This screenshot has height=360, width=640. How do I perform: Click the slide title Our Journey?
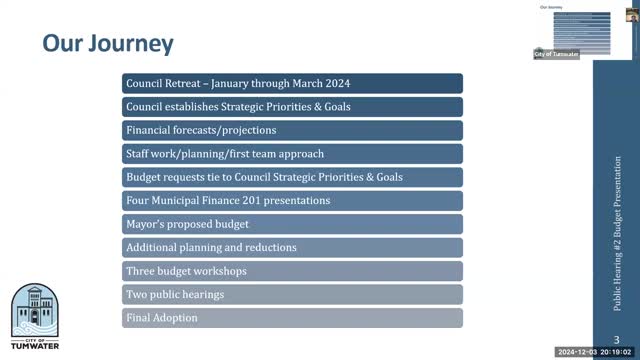pos(108,44)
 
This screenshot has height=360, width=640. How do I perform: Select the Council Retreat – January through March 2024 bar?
pos(292,83)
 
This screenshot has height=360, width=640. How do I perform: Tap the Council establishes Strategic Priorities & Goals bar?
pos(292,106)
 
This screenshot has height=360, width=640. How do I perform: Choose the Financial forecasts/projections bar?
pos(292,130)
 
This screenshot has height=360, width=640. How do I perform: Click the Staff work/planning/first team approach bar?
pos(292,154)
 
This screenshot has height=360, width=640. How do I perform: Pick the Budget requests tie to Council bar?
pos(292,177)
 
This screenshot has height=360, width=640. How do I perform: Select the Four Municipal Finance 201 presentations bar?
pos(292,200)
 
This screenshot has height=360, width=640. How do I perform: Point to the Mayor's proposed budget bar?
pos(292,224)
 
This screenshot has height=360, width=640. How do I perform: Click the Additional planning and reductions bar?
pos(292,247)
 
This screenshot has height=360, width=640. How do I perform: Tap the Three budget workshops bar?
pos(292,271)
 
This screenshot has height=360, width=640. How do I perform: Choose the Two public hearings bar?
pos(292,294)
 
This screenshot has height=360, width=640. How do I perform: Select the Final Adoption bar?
pos(292,318)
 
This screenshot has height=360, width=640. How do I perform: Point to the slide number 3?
pos(616,338)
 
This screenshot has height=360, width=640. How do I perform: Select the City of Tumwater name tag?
pos(556,53)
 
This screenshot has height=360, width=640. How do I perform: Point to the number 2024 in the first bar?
pos(333,83)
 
